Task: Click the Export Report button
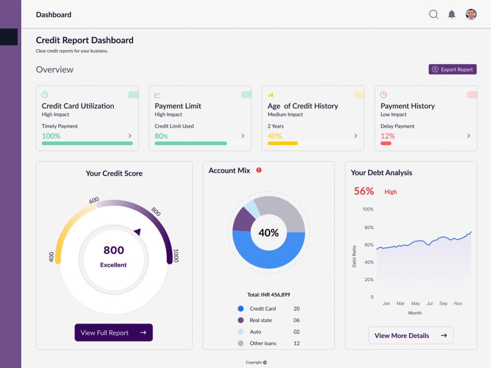[452, 70]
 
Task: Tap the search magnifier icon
[434, 14]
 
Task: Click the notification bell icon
[452, 14]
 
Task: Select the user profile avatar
[471, 14]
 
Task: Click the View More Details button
[410, 336]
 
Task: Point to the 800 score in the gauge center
[113, 250]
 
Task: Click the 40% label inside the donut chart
[269, 233]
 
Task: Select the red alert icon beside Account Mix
[259, 170]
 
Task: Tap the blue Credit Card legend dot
[241, 309]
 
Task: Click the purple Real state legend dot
[241, 320]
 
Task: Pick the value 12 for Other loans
[297, 343]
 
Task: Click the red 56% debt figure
[364, 191]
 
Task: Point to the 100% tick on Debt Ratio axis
[368, 209]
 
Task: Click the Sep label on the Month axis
[443, 303]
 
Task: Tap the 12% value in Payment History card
[387, 136]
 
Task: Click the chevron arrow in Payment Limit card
[243, 136]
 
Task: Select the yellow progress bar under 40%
[282, 143]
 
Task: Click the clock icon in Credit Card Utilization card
[45, 95]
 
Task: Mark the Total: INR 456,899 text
[269, 295]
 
